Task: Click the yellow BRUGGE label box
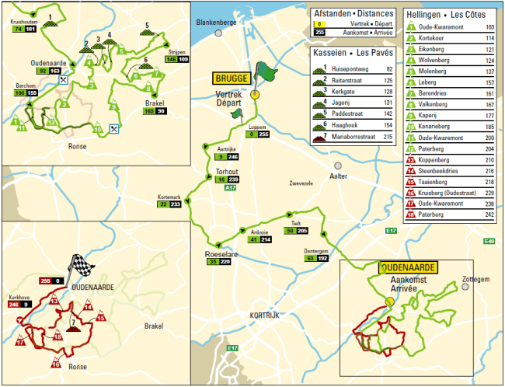click(x=232, y=78)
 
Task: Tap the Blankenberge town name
click(x=215, y=23)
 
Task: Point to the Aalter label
click(x=339, y=177)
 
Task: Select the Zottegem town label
click(x=475, y=278)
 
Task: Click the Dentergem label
click(x=315, y=251)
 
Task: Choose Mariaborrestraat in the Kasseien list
click(x=358, y=137)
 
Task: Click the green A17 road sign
click(x=229, y=188)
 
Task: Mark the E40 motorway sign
click(x=488, y=241)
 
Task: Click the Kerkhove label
click(x=19, y=297)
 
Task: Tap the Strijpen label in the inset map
click(x=176, y=52)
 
